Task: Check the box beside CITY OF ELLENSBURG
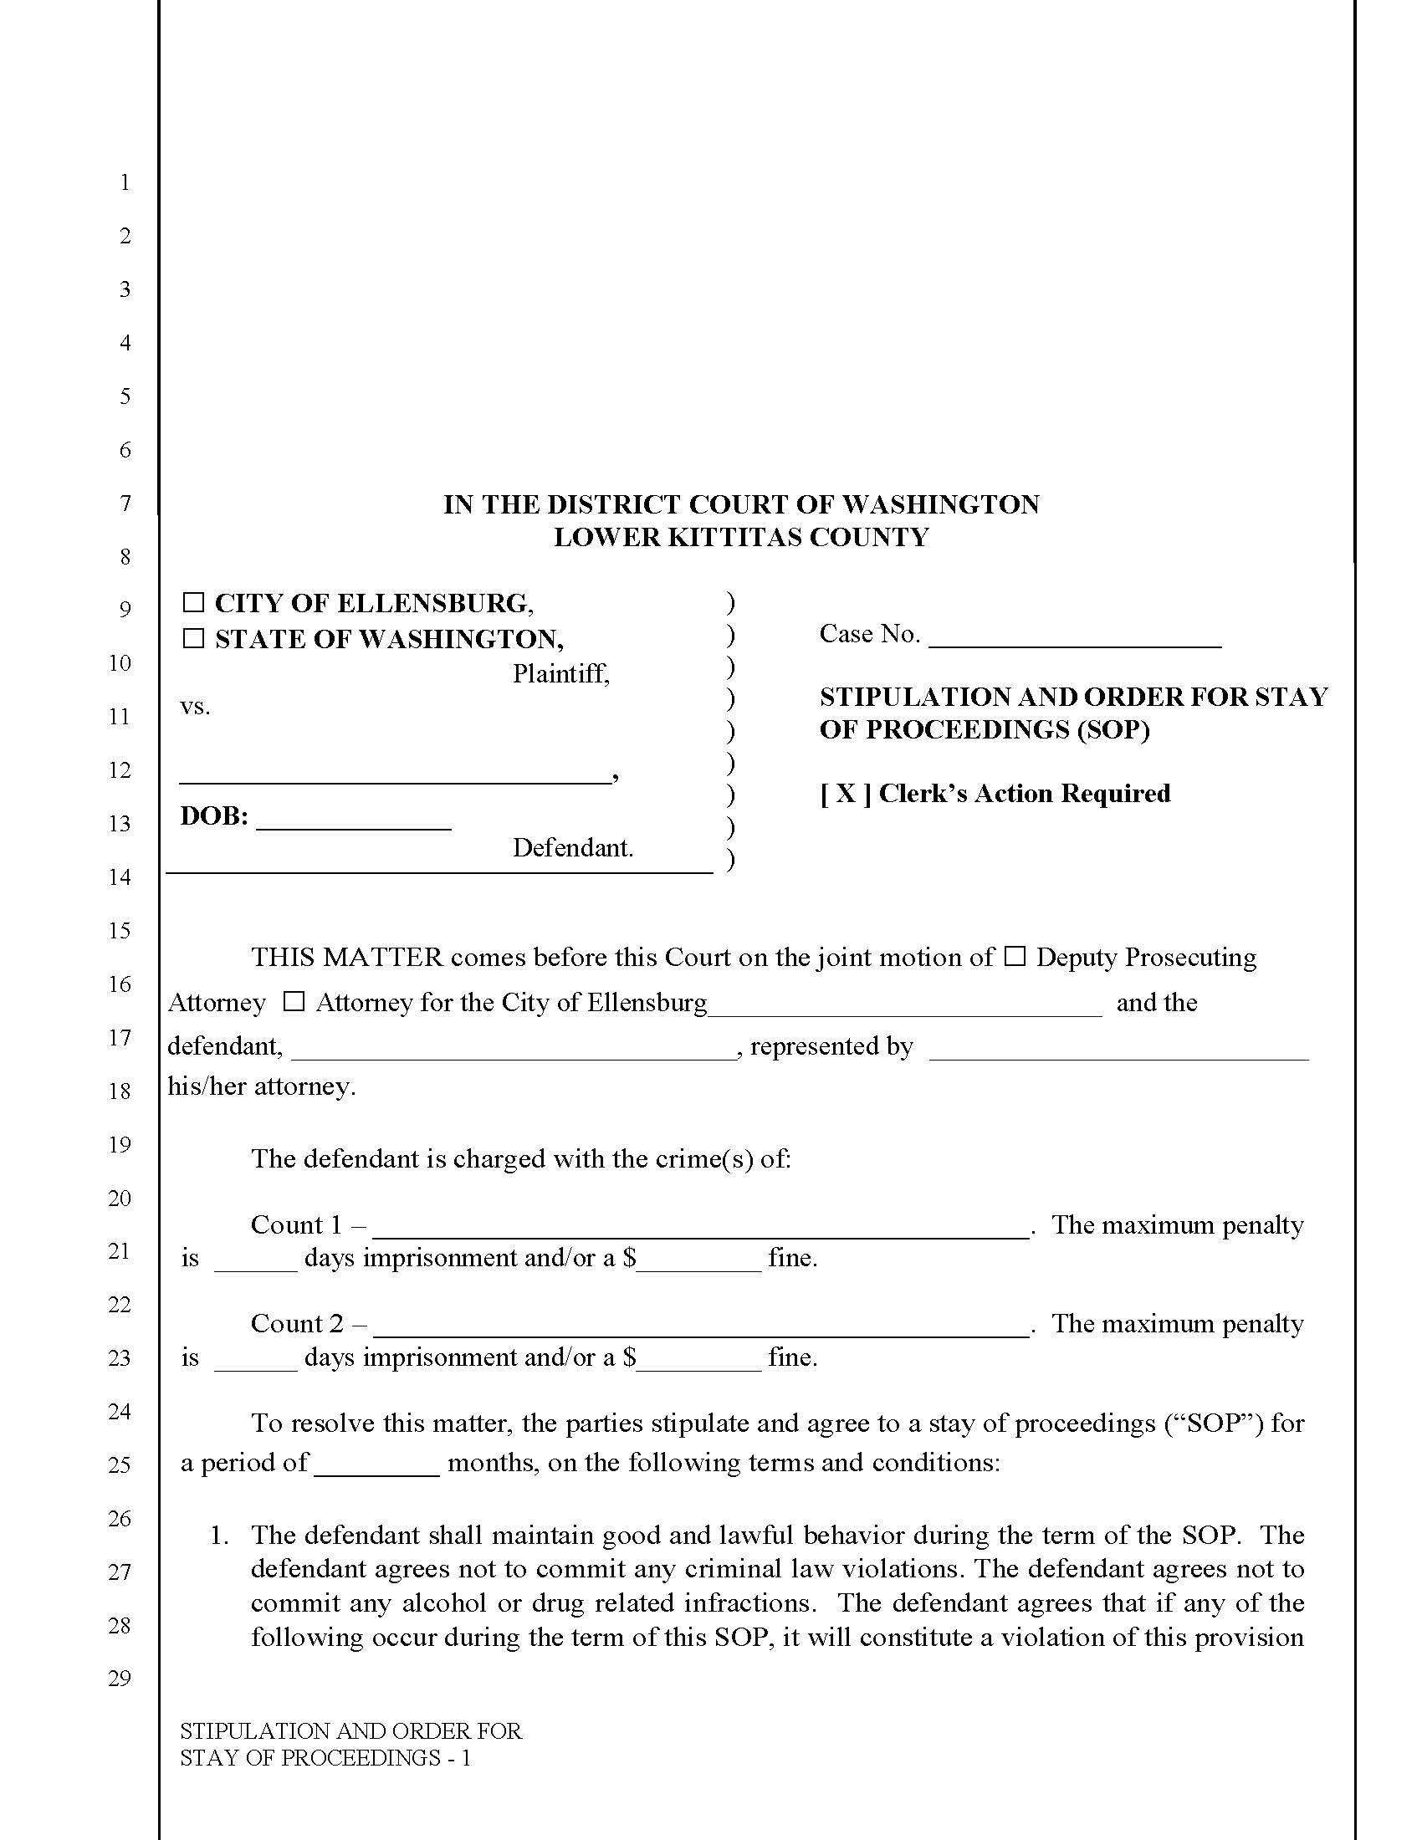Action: [x=194, y=602]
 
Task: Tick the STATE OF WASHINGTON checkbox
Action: [x=194, y=639]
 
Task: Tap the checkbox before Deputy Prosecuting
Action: [x=1016, y=956]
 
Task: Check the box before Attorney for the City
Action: [x=294, y=1002]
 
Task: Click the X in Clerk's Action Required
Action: [x=846, y=794]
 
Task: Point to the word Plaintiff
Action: [x=560, y=673]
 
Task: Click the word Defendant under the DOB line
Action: [x=573, y=847]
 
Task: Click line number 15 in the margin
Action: [x=120, y=930]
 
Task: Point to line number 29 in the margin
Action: [x=120, y=1679]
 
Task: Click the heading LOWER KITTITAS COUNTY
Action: [x=740, y=537]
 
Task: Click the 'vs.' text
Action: [x=195, y=706]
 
